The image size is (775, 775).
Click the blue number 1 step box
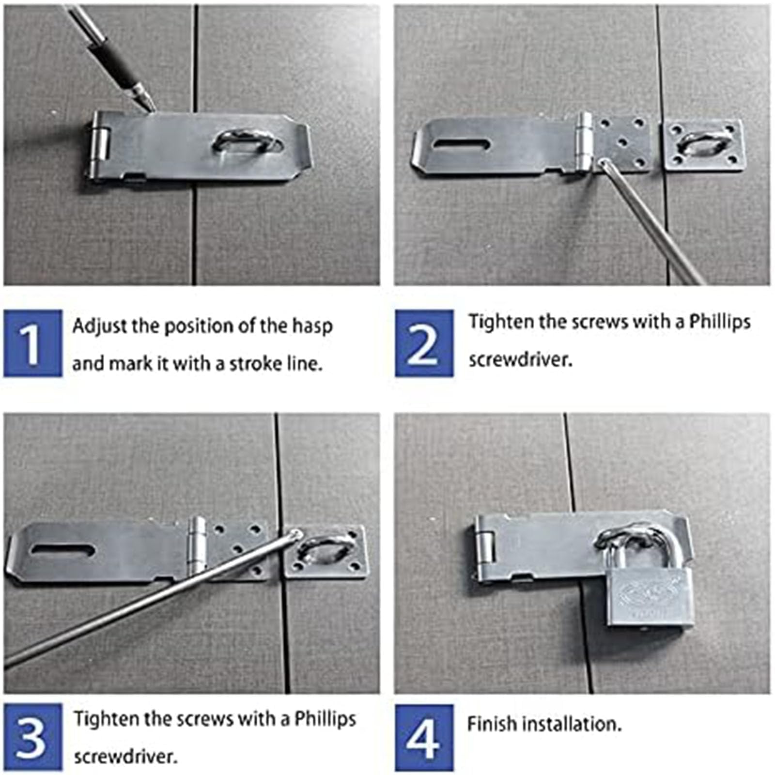[x=33, y=343]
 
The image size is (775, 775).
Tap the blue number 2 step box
[x=424, y=343]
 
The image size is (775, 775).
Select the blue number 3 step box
[x=33, y=737]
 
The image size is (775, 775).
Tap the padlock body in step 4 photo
[x=650, y=596]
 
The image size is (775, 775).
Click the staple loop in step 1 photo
[x=247, y=140]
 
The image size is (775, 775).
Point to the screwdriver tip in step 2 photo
[x=603, y=163]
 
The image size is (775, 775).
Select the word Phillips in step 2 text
[x=720, y=322]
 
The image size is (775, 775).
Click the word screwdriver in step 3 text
[x=125, y=756]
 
